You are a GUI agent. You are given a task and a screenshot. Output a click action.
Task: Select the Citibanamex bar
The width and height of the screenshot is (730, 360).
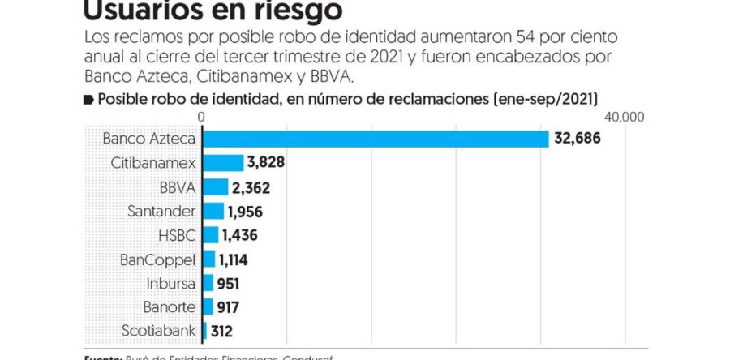222,163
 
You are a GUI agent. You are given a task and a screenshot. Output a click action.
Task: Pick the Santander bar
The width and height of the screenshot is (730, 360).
213,211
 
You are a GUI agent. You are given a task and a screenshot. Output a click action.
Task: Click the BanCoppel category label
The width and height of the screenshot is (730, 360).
157,259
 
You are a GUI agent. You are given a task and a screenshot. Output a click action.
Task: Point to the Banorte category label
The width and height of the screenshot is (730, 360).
169,306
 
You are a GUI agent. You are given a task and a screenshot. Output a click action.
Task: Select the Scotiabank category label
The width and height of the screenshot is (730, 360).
158,331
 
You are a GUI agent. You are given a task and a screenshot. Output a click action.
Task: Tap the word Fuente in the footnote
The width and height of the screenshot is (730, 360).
101,357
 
